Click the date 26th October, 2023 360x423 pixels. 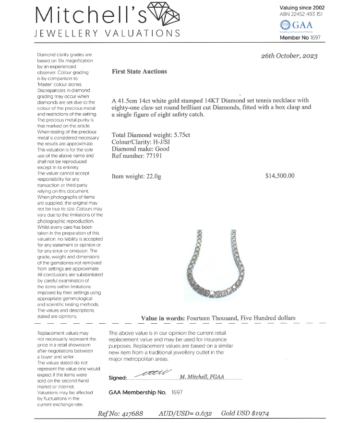point(289,56)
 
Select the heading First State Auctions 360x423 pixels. point(139,71)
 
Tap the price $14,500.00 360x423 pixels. point(280,176)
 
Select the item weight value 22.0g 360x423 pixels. point(153,176)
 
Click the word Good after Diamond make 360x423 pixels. point(162,149)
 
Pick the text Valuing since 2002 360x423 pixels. point(302,8)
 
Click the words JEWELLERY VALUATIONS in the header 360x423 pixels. point(108,34)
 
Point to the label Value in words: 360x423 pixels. point(162,318)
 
